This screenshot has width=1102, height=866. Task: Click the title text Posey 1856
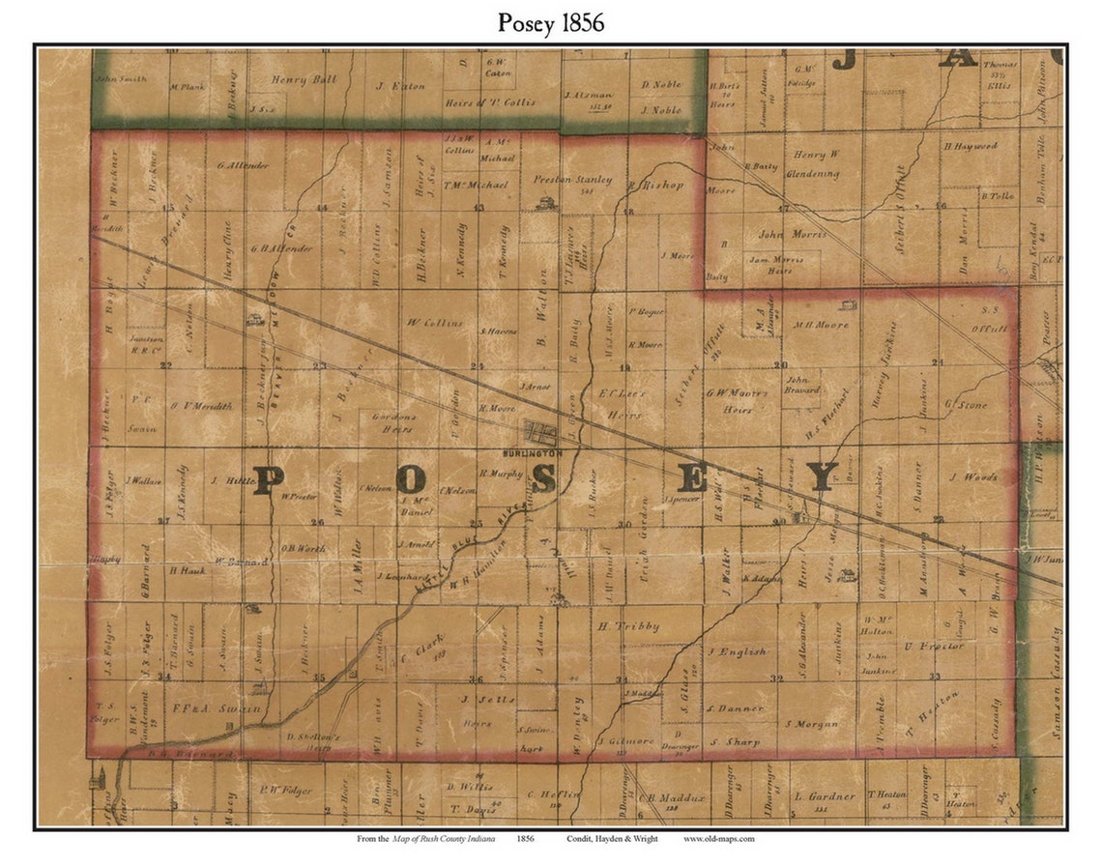(551, 23)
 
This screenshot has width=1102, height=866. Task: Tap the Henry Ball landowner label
(304, 80)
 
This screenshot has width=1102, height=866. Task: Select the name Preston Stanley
(573, 180)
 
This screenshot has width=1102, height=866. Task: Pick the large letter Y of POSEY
(823, 476)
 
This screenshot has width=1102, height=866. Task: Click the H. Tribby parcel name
(627, 626)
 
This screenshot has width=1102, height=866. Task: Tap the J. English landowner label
(737, 652)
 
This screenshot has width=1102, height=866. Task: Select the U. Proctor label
(934, 646)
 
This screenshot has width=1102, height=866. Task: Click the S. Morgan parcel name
(810, 724)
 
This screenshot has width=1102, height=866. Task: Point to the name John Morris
(792, 234)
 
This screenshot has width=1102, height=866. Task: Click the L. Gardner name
(825, 796)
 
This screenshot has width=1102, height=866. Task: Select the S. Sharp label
(735, 742)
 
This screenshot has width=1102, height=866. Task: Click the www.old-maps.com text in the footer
(718, 839)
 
